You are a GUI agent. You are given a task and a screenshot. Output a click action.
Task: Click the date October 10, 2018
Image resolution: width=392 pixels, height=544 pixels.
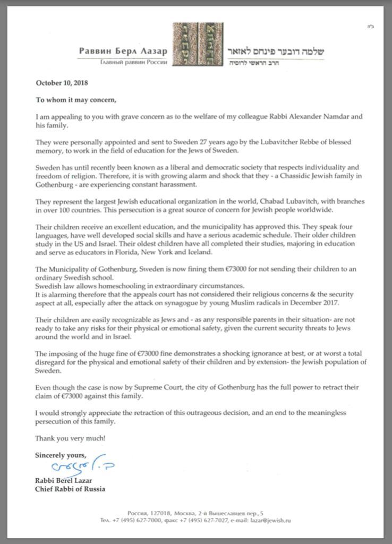(x=62, y=83)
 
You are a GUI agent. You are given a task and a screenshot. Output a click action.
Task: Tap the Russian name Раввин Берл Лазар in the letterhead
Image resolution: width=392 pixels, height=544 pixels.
(x=123, y=51)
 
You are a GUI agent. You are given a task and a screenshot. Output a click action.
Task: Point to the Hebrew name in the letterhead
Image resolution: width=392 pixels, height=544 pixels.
(x=275, y=52)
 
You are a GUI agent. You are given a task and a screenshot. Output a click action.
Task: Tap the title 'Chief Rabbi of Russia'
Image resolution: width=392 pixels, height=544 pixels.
(x=70, y=489)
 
